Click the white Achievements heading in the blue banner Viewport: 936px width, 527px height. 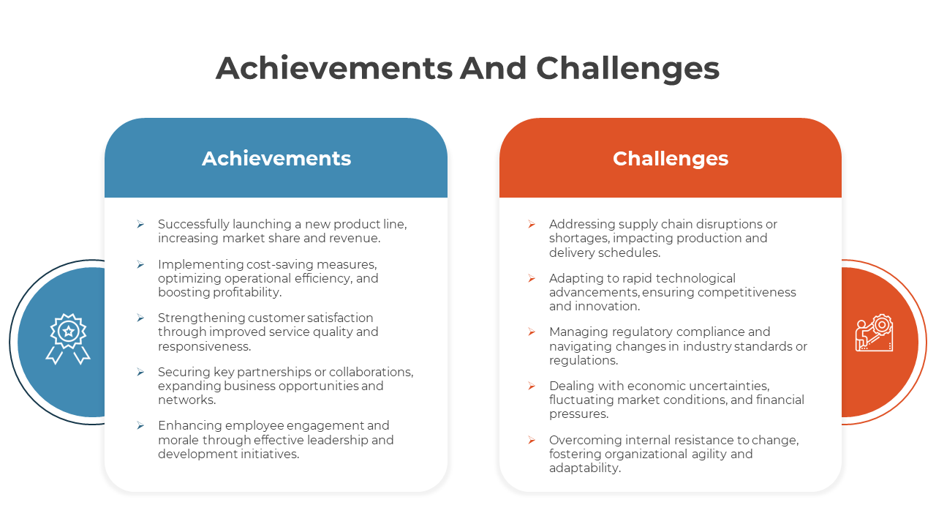276,159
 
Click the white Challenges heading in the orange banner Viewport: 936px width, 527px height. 671,159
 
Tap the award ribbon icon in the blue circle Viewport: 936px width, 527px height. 68,339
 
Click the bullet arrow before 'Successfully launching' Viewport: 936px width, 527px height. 140,224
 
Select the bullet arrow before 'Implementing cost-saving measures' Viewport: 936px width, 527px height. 140,264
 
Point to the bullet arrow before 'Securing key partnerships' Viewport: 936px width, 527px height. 140,372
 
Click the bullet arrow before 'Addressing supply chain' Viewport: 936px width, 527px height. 532,224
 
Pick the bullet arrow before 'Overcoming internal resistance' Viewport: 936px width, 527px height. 532,440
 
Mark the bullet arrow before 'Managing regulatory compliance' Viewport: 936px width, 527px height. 532,332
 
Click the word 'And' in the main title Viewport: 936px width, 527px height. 493,68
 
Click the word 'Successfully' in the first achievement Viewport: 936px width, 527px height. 194,225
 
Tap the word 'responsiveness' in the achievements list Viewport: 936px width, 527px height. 204,347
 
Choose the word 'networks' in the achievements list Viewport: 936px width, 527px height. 186,400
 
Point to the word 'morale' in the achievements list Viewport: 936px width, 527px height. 178,441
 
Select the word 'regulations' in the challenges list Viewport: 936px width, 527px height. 584,361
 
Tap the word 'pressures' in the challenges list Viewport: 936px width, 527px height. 578,414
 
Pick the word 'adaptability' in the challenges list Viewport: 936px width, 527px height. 585,468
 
